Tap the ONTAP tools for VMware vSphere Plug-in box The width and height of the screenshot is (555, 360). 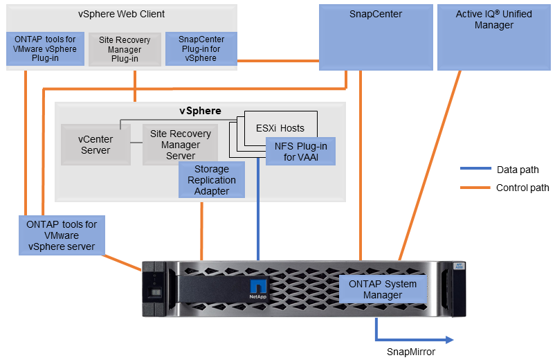45,48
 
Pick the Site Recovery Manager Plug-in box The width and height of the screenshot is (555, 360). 125,49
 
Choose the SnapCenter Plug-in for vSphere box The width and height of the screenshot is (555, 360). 201,48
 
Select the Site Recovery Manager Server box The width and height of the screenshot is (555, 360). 180,145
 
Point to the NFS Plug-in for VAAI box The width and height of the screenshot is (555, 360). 301,151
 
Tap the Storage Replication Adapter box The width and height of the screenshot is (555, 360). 212,180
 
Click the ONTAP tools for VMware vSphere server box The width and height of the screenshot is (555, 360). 62,235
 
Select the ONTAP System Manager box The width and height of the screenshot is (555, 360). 383,289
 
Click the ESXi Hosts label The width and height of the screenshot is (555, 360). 280,128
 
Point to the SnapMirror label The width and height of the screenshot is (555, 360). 411,352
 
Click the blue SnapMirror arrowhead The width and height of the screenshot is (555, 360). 449,339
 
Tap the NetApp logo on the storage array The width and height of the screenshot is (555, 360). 257,289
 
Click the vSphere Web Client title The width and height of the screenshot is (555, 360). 121,14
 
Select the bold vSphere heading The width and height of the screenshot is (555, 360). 201,111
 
